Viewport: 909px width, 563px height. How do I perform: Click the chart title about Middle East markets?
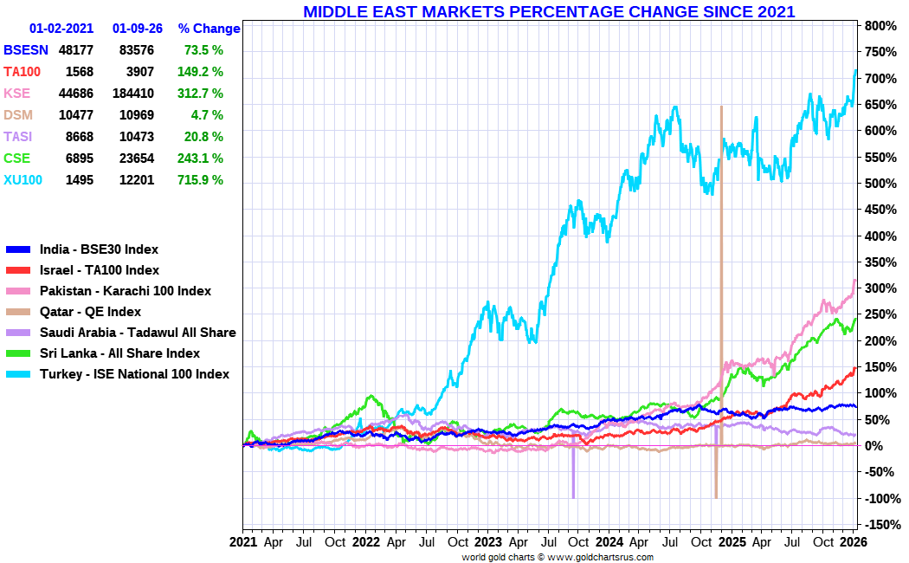click(549, 12)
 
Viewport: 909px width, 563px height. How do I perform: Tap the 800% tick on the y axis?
click(878, 26)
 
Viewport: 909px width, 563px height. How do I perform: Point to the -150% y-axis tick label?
click(878, 524)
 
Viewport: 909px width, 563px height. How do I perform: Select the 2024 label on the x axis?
click(610, 542)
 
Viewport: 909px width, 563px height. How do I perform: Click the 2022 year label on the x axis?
click(365, 542)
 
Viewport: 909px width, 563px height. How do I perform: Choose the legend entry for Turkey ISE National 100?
click(134, 374)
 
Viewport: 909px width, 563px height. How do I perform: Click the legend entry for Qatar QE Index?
click(90, 312)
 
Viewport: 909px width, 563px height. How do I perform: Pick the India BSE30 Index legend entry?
click(99, 249)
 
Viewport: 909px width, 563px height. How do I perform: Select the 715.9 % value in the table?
click(203, 180)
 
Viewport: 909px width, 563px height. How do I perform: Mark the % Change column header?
click(209, 29)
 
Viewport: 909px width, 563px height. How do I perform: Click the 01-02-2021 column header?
click(62, 29)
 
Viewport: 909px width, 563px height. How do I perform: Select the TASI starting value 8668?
click(76, 137)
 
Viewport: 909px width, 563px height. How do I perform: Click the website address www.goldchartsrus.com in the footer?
click(600, 557)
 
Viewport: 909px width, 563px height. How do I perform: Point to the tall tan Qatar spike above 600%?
click(721, 173)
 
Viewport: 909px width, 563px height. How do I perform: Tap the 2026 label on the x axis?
click(853, 542)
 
